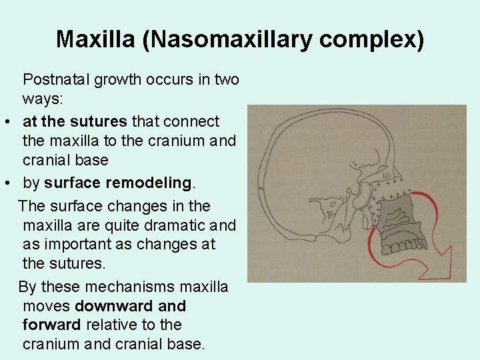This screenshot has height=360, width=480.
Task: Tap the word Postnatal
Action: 56,79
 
